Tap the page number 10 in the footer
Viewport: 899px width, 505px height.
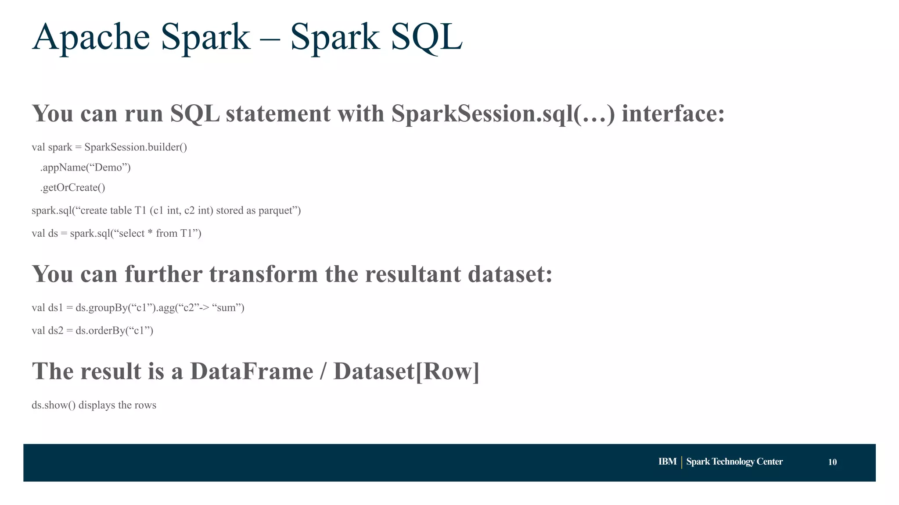(x=832, y=462)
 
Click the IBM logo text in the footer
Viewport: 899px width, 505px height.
(x=667, y=462)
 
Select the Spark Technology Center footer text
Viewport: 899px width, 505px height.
(x=734, y=462)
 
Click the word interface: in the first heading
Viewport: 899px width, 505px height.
(x=673, y=114)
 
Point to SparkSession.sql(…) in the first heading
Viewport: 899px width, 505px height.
(x=503, y=114)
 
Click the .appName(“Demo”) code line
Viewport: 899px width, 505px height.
(x=86, y=167)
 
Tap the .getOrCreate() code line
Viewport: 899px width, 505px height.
(x=73, y=188)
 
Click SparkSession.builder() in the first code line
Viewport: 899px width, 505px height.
(x=136, y=147)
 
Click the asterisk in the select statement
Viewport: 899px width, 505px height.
(x=150, y=233)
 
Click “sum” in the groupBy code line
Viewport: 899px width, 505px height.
(x=228, y=308)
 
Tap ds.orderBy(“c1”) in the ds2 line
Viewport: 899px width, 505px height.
(x=114, y=331)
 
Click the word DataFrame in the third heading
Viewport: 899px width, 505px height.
(x=252, y=371)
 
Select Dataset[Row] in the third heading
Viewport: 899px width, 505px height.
(x=406, y=371)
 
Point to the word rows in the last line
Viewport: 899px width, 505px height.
(x=145, y=405)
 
